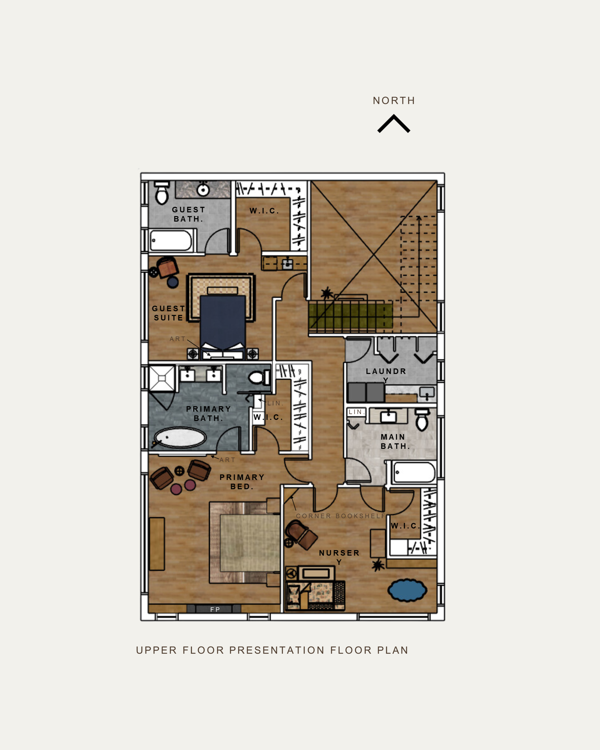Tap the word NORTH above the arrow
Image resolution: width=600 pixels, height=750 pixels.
pos(394,101)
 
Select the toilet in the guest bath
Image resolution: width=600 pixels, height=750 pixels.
pos(162,192)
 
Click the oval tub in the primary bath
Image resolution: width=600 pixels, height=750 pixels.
pos(180,437)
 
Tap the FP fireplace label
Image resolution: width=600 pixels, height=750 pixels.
pos(215,609)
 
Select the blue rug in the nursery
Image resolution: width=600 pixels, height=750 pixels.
pos(407,590)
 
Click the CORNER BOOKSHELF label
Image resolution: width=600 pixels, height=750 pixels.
pos(341,516)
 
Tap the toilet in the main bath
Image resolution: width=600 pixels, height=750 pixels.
pos(422,420)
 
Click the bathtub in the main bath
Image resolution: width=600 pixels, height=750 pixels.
pos(414,472)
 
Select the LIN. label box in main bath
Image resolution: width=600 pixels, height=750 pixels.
pos(356,412)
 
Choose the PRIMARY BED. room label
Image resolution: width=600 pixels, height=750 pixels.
pos(242,482)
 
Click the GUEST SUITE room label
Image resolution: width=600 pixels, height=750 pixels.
pos(169,313)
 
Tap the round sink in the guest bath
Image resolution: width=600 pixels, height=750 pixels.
pos(203,190)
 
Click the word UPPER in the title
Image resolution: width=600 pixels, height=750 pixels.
pos(156,650)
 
